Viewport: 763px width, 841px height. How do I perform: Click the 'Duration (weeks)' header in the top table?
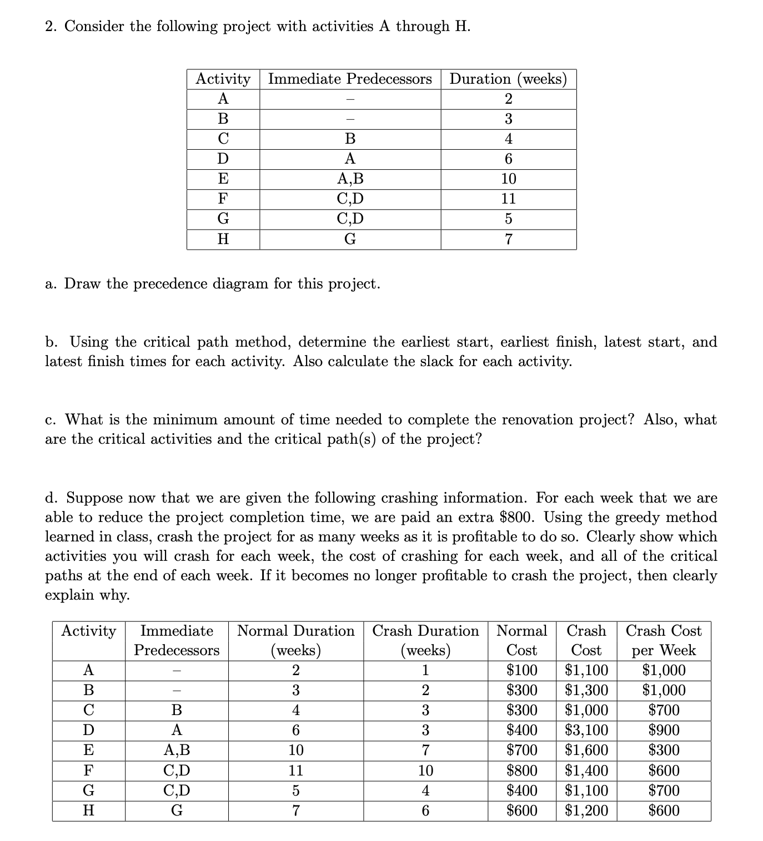pyautogui.click(x=508, y=79)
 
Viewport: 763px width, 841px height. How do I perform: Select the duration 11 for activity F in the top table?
pyautogui.click(x=508, y=199)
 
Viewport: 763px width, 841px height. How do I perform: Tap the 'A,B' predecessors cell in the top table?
pyautogui.click(x=350, y=179)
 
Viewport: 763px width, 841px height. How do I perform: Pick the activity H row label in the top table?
pyautogui.click(x=223, y=239)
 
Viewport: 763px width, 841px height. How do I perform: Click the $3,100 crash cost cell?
pyautogui.click(x=586, y=730)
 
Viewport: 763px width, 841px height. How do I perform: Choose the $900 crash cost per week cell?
pyautogui.click(x=664, y=730)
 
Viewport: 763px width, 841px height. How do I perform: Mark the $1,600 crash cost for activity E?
pyautogui.click(x=586, y=750)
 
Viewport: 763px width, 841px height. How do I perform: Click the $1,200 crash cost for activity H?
pyautogui.click(x=586, y=810)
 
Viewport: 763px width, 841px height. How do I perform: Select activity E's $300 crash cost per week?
pyautogui.click(x=664, y=750)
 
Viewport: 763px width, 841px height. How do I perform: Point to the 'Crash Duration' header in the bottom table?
pyautogui.click(x=425, y=631)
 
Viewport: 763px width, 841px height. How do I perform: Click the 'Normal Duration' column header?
pyautogui.click(x=295, y=631)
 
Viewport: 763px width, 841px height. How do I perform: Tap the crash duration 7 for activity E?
pyautogui.click(x=425, y=750)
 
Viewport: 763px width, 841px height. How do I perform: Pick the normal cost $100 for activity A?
pyautogui.click(x=522, y=670)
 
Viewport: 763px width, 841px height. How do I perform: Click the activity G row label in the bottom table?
pyautogui.click(x=88, y=791)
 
